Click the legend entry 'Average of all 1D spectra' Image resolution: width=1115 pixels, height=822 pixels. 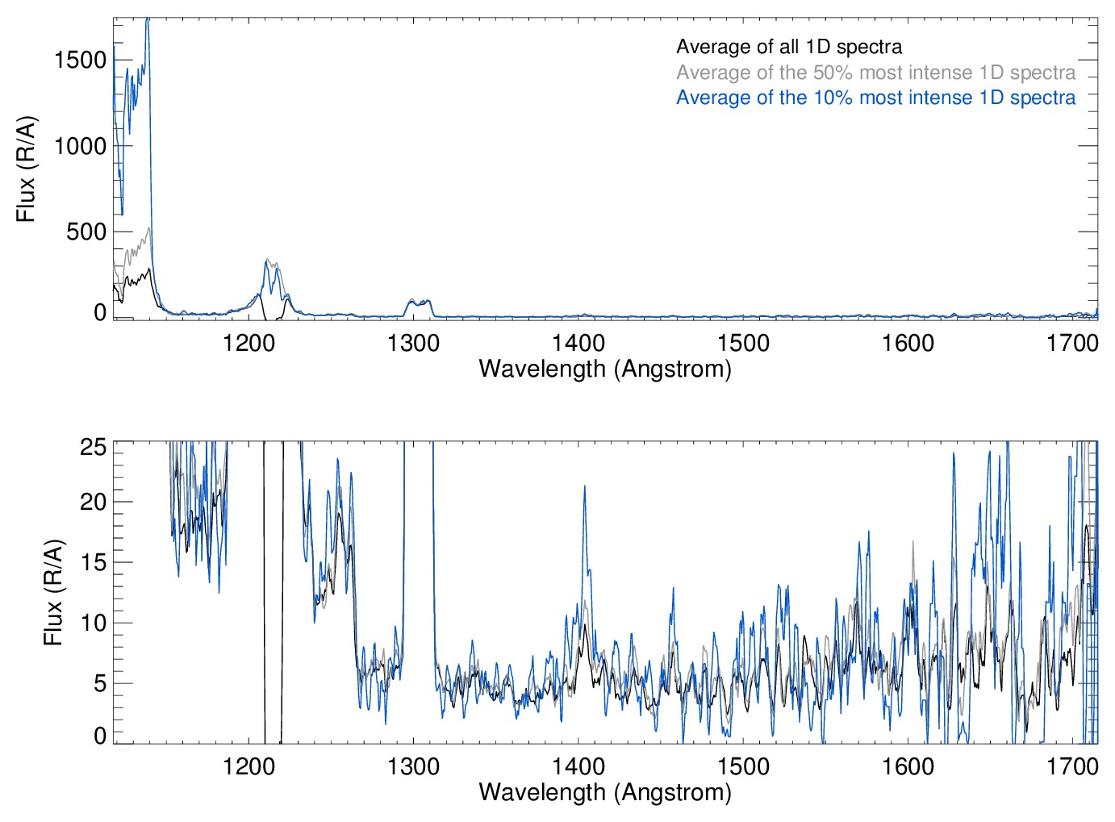(789, 47)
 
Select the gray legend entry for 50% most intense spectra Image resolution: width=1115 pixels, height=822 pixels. (875, 73)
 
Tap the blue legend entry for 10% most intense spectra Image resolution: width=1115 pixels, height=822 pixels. (875, 98)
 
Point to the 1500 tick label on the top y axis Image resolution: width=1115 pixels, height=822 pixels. (80, 60)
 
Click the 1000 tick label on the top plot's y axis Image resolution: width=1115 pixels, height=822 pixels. (80, 146)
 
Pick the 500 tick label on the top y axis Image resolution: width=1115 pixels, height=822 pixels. (86, 232)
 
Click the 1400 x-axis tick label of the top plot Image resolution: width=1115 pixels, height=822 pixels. (578, 343)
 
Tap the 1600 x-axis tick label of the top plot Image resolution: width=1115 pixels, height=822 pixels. (908, 343)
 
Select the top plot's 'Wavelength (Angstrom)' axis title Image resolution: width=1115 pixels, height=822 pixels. (605, 369)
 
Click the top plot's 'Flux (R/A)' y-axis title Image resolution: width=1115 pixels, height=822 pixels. (27, 169)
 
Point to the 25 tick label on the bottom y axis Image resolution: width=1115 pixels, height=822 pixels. (93, 446)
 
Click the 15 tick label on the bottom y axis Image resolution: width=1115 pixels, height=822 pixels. (93, 562)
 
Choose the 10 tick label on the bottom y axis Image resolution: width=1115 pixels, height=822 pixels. (93, 623)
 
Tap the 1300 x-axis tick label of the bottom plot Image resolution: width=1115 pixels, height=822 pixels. (413, 766)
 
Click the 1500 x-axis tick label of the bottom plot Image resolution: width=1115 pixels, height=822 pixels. (743, 766)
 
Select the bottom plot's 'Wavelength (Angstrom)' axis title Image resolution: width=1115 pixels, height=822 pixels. (605, 792)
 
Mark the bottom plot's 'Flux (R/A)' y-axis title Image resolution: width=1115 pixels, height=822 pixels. (53, 593)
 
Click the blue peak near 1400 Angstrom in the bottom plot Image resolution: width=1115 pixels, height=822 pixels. (584, 486)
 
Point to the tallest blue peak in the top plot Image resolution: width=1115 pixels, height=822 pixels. (147, 19)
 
